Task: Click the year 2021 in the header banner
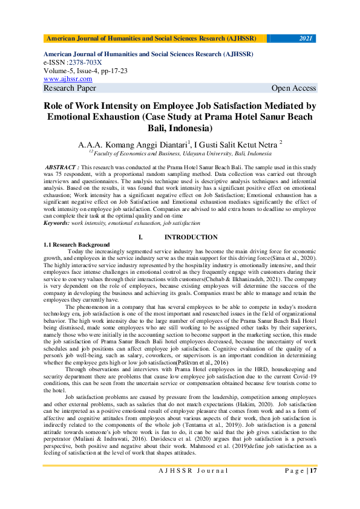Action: click(306, 39)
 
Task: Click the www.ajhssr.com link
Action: click(68, 79)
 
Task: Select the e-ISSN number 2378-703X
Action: click(85, 62)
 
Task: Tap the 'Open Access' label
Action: click(293, 88)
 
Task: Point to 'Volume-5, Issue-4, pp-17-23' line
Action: click(85, 70)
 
